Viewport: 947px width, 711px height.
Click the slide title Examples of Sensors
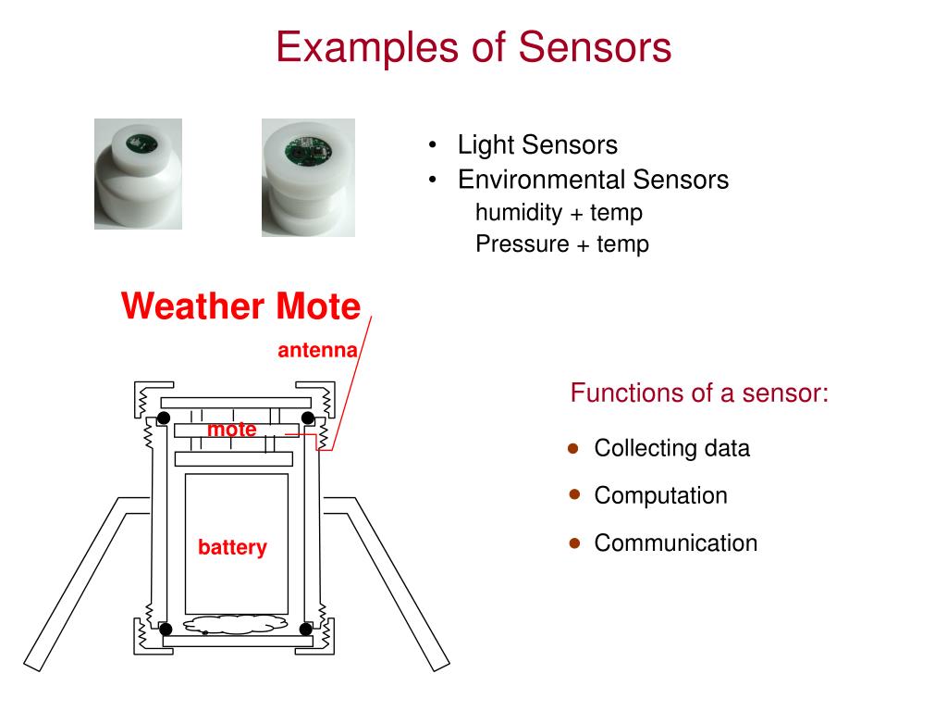[x=473, y=46]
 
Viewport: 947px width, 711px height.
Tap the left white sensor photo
[x=138, y=174]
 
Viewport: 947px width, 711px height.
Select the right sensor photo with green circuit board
[x=308, y=177]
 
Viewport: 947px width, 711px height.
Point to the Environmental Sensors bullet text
[x=593, y=180]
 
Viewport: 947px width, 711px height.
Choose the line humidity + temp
[x=559, y=213]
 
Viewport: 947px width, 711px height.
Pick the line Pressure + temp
[x=562, y=244]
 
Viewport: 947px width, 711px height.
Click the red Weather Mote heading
[x=240, y=306]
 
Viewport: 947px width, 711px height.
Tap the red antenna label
[x=317, y=351]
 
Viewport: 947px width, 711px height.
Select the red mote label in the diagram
[x=232, y=430]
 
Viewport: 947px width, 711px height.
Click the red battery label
[x=232, y=548]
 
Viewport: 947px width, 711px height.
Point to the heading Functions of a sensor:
[x=699, y=393]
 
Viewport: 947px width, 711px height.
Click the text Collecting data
[x=671, y=449]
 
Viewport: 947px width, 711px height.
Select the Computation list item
[x=660, y=496]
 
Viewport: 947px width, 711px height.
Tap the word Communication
[x=675, y=543]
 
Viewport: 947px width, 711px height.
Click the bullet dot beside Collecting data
[x=573, y=448]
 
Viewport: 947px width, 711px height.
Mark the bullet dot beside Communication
[x=573, y=543]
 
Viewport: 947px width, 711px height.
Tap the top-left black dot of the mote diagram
[x=164, y=418]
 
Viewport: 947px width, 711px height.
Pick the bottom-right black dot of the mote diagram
[x=306, y=630]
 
